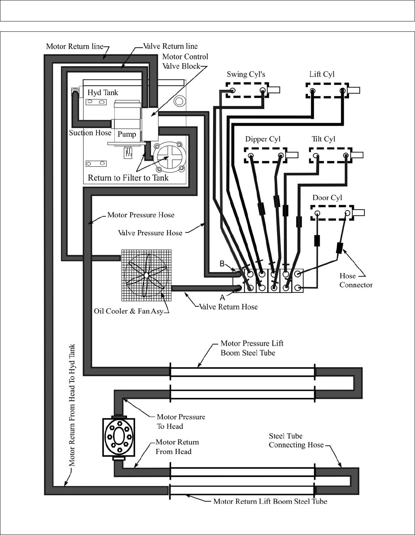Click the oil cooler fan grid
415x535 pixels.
click(147, 275)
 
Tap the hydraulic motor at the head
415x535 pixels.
click(119, 437)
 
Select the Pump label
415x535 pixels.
click(127, 134)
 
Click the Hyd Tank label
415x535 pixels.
click(103, 92)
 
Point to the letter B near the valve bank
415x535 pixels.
click(222, 264)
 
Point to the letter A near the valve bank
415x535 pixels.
click(222, 298)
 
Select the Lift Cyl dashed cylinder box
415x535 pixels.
click(327, 91)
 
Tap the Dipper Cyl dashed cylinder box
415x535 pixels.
click(265, 155)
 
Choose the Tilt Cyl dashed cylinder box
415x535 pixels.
click(330, 155)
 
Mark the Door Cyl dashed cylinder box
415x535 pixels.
click(332, 213)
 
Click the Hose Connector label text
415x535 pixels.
click(356, 280)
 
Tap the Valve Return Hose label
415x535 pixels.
click(228, 307)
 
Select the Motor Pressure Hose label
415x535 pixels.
click(141, 215)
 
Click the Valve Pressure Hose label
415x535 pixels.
click(150, 233)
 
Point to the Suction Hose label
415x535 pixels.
click(90, 133)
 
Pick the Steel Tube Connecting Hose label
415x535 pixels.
click(296, 440)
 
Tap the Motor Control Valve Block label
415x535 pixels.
click(185, 61)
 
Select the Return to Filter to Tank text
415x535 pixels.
click(128, 178)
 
